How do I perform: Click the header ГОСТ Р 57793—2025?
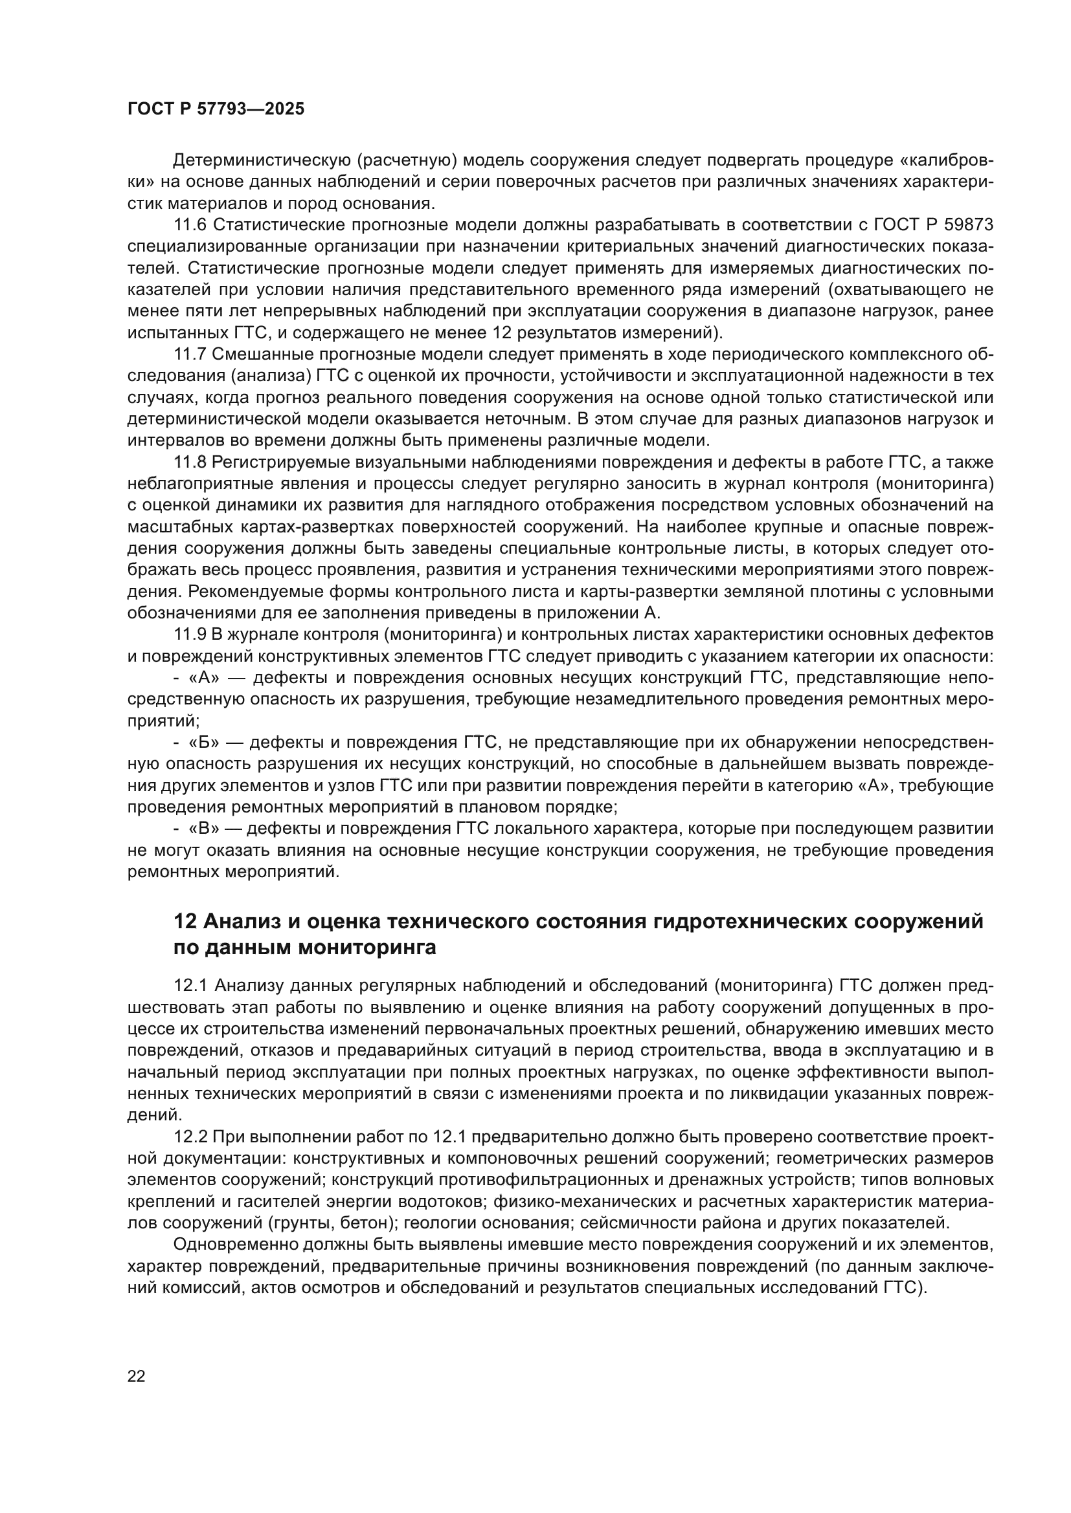(x=216, y=109)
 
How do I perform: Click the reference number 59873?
(x=969, y=225)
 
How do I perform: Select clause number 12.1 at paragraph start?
(x=190, y=986)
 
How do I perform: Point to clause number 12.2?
(x=190, y=1137)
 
